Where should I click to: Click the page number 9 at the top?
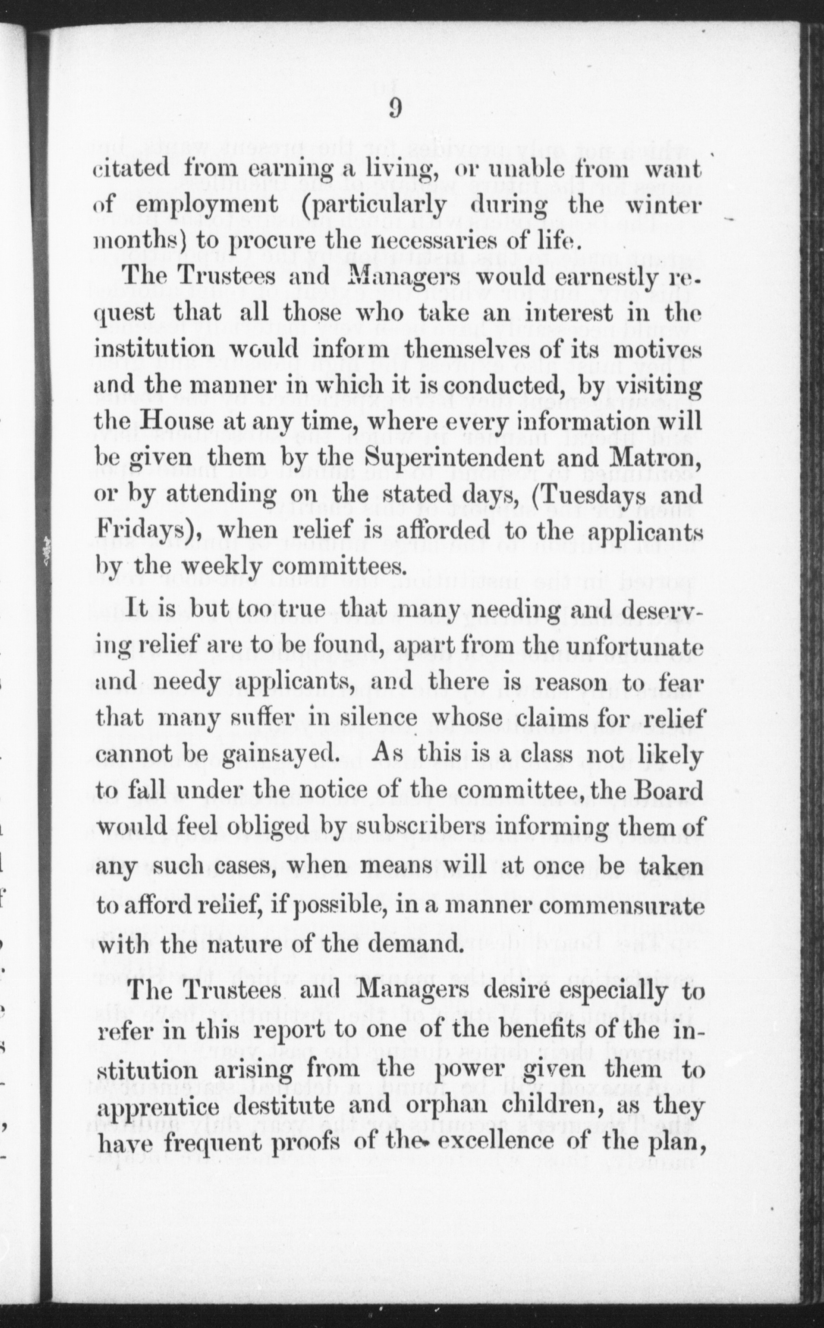click(395, 109)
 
